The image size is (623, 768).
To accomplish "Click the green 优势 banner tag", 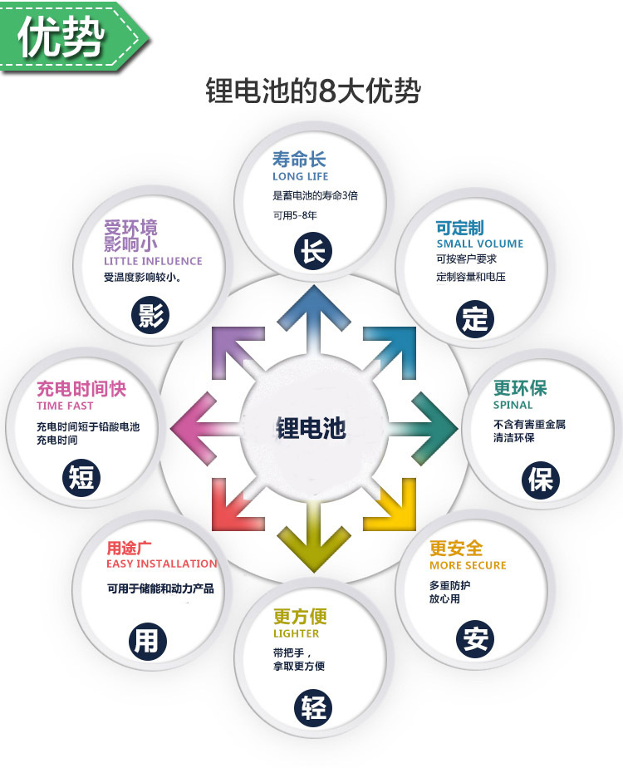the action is pyautogui.click(x=73, y=37).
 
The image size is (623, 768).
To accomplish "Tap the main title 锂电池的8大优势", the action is pyautogui.click(x=313, y=91).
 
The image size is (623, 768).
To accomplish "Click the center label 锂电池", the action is pyautogui.click(x=311, y=427).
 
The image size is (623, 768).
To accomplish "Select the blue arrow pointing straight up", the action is pyautogui.click(x=314, y=321).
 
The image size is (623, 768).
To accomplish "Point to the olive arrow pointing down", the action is pyautogui.click(x=314, y=536).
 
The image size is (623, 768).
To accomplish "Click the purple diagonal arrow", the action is pyautogui.click(x=237, y=352).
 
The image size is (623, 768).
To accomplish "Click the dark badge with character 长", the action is pyautogui.click(x=313, y=251).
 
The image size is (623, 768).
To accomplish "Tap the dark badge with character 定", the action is pyautogui.click(x=474, y=319).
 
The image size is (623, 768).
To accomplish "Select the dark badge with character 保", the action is pyautogui.click(x=540, y=479).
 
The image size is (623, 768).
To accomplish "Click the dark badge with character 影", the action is pyautogui.click(x=150, y=316).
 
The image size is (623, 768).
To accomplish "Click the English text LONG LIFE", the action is pyautogui.click(x=301, y=176).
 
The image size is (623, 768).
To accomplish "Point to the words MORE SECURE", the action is pyautogui.click(x=468, y=565).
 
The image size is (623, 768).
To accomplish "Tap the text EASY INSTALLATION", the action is pyautogui.click(x=161, y=564).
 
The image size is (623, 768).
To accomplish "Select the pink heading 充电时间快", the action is pyautogui.click(x=81, y=389).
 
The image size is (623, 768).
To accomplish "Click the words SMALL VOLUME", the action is pyautogui.click(x=480, y=244).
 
